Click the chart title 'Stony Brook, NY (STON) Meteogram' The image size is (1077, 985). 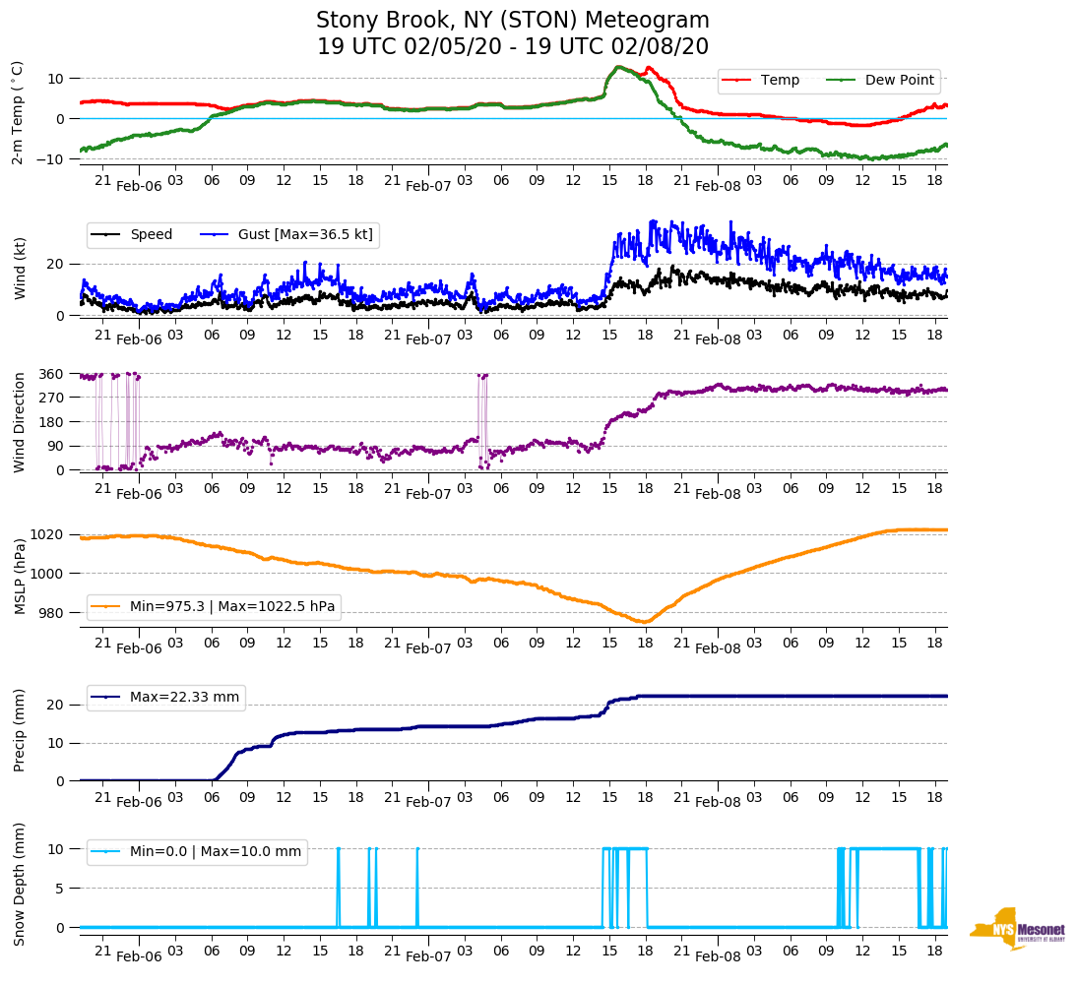[512, 21]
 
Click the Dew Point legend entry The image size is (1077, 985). [899, 80]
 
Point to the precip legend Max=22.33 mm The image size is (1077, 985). [184, 697]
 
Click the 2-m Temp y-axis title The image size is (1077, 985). [18, 111]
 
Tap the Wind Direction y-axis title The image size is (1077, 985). [20, 422]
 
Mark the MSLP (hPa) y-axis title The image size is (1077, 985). [20, 572]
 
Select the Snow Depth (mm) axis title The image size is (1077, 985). [20, 884]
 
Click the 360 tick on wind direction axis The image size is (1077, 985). [51, 374]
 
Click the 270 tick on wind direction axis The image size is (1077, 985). [51, 398]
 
